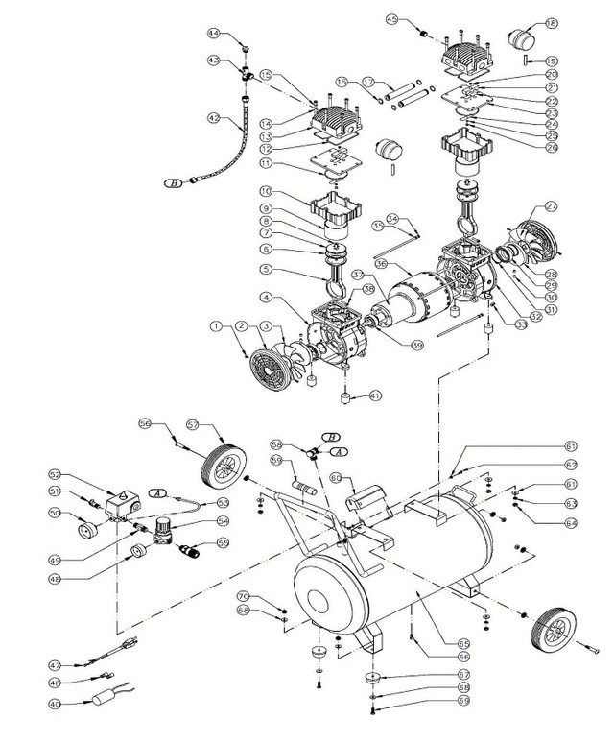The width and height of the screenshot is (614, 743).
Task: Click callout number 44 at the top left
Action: point(214,34)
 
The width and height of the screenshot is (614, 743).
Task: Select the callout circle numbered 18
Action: point(578,24)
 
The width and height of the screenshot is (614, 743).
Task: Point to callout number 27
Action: point(579,206)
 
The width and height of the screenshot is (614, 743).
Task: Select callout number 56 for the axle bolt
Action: point(145,422)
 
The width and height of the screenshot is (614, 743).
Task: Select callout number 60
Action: point(336,477)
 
